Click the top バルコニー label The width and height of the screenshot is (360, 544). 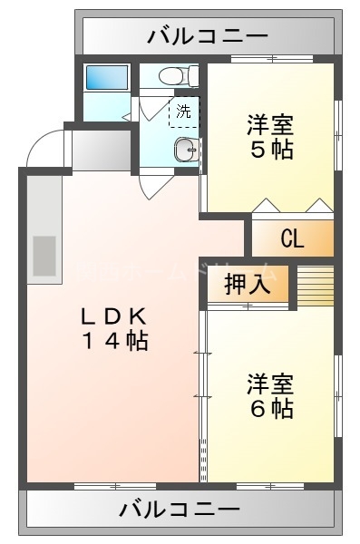click(x=207, y=36)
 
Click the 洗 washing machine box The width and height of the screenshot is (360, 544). click(x=183, y=112)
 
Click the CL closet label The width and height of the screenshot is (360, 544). click(x=292, y=239)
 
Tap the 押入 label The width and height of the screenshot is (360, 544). click(x=248, y=283)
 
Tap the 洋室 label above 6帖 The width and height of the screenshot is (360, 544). click(x=271, y=383)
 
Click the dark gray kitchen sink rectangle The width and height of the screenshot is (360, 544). click(x=44, y=256)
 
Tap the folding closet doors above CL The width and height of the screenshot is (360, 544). click(x=292, y=205)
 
